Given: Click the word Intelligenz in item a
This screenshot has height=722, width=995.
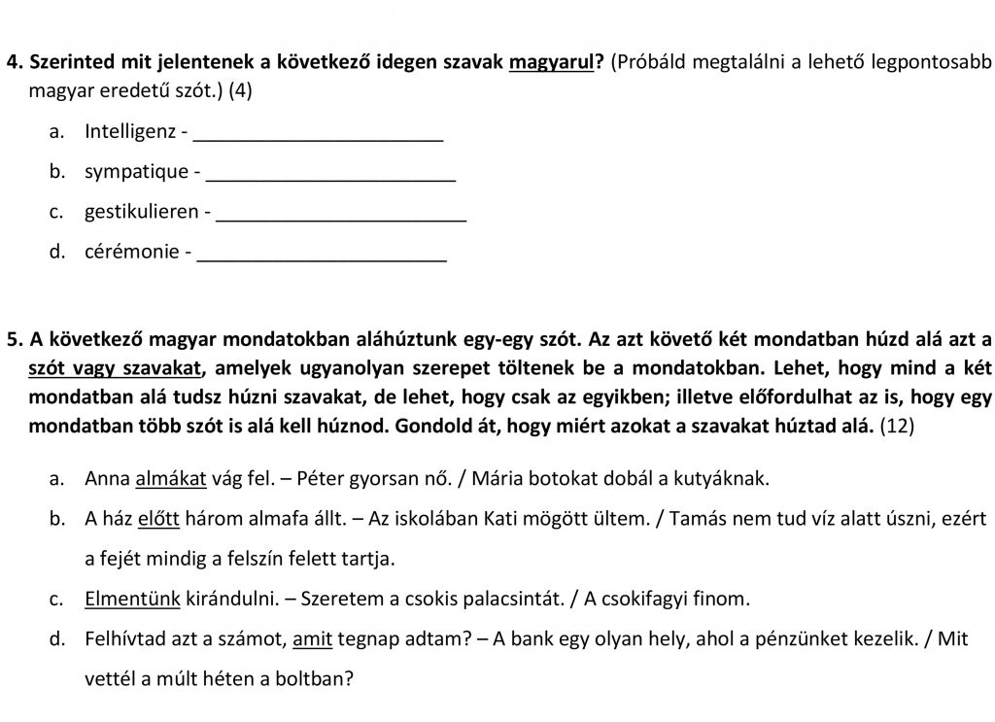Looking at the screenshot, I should pyautogui.click(x=130, y=131).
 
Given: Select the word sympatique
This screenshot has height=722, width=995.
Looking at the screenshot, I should pyautogui.click(x=136, y=172).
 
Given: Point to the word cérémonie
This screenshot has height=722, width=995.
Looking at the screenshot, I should pyautogui.click(x=132, y=252).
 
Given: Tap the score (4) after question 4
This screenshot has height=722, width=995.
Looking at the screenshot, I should pyautogui.click(x=246, y=90).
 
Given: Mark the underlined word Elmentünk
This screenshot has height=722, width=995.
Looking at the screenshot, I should pyautogui.click(x=132, y=599).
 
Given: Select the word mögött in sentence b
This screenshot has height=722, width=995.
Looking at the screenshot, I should pyautogui.click(x=570, y=520).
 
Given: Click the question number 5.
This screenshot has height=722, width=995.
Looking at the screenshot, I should pyautogui.click(x=13, y=339).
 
